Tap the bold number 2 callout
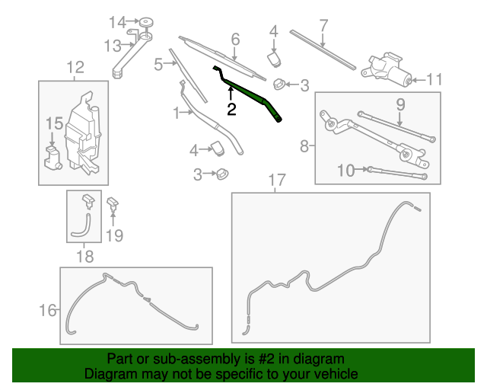[x=231, y=109]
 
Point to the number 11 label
[x=434, y=79]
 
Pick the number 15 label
[x=53, y=123]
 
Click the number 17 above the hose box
[x=276, y=181]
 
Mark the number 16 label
[x=47, y=309]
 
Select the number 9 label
[x=400, y=104]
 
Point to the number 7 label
[x=323, y=25]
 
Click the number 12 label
[x=75, y=69]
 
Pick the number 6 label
[x=235, y=38]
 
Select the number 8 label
[x=304, y=145]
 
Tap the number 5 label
[x=158, y=64]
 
